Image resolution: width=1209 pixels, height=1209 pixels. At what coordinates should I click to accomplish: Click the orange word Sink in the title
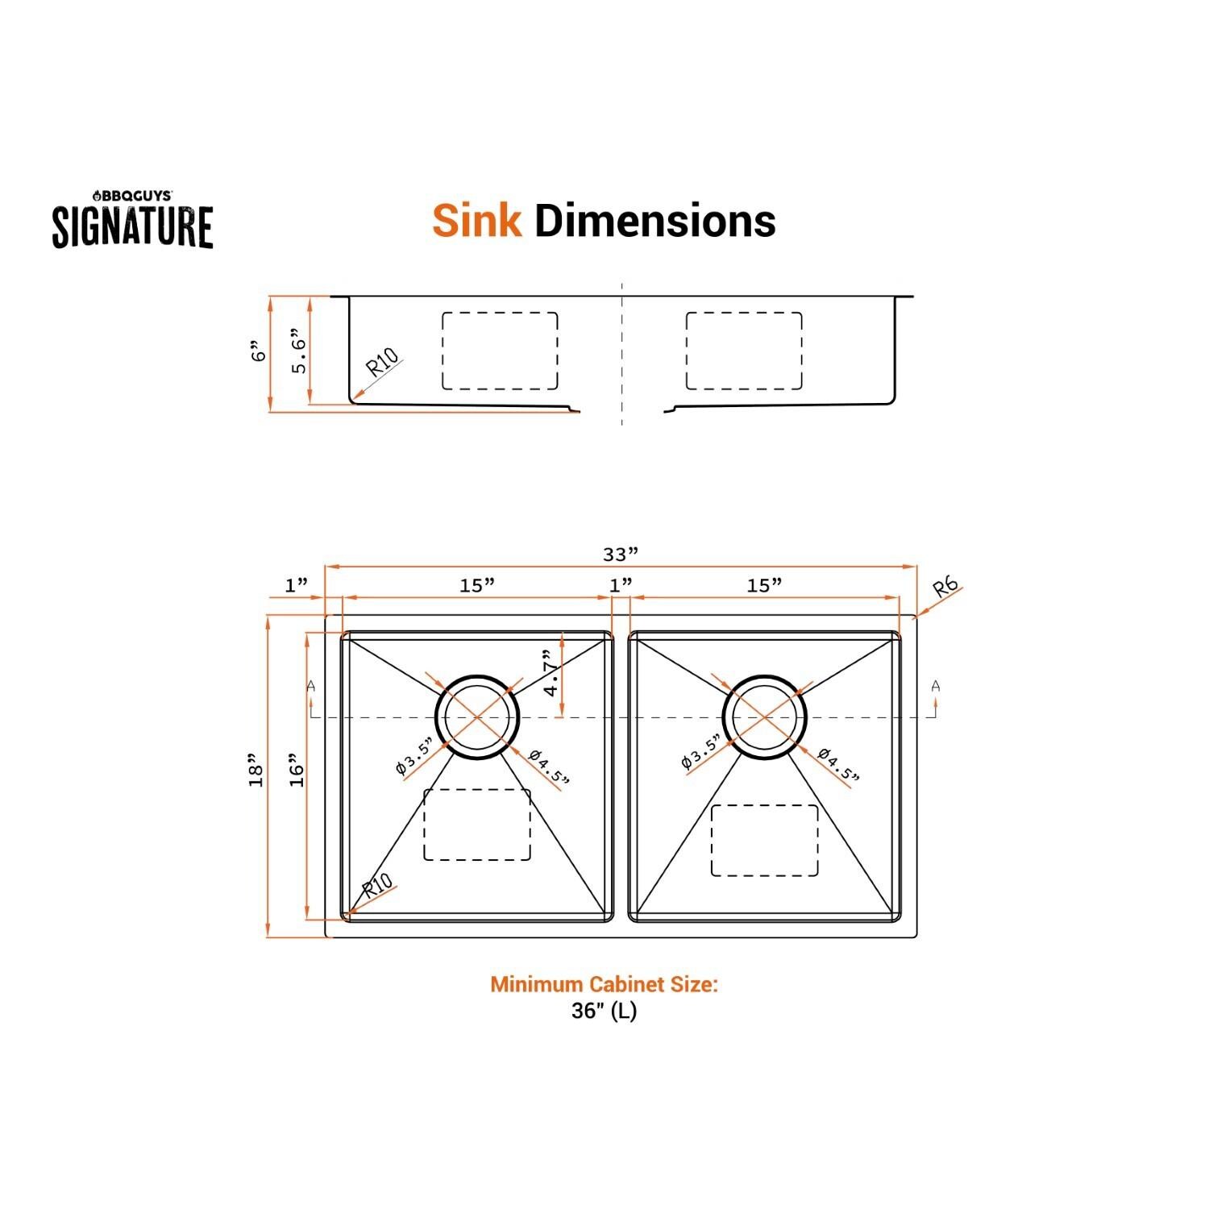(476, 221)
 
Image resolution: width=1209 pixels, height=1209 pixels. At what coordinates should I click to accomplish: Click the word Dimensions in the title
(654, 221)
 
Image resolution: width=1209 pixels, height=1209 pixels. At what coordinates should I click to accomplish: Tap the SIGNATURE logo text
(133, 226)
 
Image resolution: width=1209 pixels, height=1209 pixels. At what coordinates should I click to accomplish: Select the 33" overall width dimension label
(621, 555)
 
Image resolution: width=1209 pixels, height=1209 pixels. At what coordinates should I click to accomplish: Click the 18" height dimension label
(257, 771)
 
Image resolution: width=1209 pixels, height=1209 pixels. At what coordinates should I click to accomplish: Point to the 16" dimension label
(297, 771)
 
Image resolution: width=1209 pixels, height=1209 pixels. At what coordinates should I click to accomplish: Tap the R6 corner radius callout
(946, 587)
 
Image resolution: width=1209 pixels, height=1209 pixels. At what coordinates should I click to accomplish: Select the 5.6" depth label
(298, 351)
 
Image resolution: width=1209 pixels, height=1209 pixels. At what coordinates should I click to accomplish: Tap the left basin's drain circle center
(477, 717)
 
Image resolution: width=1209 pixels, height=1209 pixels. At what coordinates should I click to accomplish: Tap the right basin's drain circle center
(764, 717)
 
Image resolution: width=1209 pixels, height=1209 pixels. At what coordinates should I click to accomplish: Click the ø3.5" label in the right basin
(700, 753)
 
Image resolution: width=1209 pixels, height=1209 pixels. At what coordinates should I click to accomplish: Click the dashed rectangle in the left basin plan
(476, 824)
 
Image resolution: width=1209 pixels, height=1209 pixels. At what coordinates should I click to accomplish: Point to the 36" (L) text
(604, 1011)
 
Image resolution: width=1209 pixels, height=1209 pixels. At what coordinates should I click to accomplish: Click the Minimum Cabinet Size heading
(604, 984)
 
